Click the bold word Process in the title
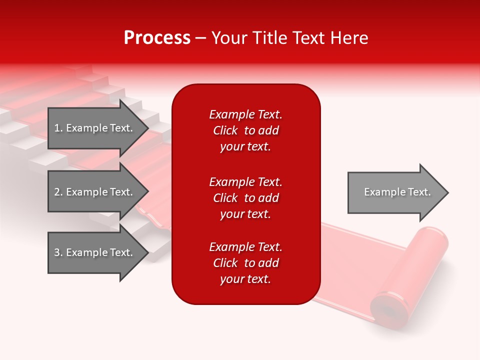(157, 38)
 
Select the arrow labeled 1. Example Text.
(95, 128)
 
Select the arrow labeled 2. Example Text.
(95, 192)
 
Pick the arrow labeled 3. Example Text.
(95, 252)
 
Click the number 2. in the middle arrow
(58, 192)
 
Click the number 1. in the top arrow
(58, 128)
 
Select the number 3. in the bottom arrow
(58, 252)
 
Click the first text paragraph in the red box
(245, 130)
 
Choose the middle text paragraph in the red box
(245, 198)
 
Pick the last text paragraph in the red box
(245, 263)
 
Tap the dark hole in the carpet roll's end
(387, 311)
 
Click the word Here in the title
(349, 38)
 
